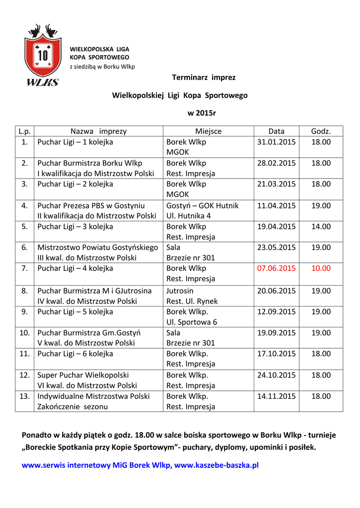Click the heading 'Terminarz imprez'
coord(204,77)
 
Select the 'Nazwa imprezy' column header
coord(98,131)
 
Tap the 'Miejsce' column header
coord(208,131)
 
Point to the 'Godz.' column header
coord(321,131)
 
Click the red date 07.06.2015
coord(276,268)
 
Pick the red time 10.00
coord(321,268)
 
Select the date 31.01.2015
coord(276,142)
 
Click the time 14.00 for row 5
coord(321,227)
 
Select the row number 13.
coord(24,396)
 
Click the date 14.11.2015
coord(276,396)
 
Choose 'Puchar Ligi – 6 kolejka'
coord(75,354)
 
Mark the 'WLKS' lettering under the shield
coord(43,82)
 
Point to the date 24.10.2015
coord(276,375)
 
